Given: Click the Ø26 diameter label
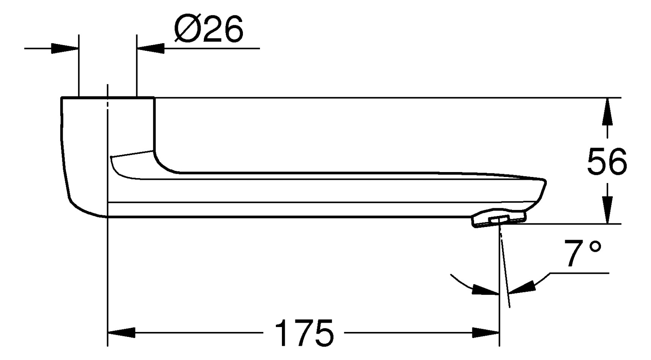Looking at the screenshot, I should pyautogui.click(x=208, y=29).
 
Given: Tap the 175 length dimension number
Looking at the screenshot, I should pyautogui.click(x=304, y=332).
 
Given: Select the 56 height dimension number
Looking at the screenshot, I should pyautogui.click(x=607, y=161).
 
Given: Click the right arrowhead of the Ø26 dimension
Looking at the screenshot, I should pyautogui.click(x=151, y=49).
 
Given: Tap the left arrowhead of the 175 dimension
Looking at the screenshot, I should pyautogui.click(x=121, y=332).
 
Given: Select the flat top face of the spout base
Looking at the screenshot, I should pyautogui.click(x=108, y=98).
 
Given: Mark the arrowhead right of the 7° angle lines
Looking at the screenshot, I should pyautogui.click(x=520, y=287).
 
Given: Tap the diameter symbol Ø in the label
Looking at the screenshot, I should pyautogui.click(x=185, y=29).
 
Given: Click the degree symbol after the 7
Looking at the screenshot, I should pyautogui.click(x=595, y=247).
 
